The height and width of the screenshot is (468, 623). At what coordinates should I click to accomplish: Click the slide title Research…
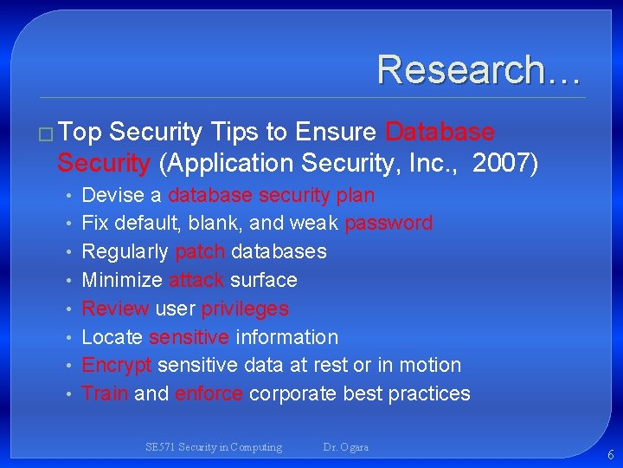coord(478,69)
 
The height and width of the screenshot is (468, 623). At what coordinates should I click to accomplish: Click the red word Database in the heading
coord(440,132)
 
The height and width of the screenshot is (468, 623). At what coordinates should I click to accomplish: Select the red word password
coord(389,223)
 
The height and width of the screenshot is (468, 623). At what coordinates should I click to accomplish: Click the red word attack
coord(196,280)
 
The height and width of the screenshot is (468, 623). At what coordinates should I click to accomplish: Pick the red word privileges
coord(245,309)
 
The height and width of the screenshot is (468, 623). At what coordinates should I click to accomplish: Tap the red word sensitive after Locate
coord(189,337)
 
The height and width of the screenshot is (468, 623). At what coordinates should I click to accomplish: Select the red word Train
coord(104,393)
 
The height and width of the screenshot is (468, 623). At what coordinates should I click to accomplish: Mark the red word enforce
coord(209,393)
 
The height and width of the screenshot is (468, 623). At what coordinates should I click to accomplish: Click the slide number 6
coord(611,455)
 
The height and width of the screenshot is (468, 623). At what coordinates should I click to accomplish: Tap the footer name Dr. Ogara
coord(345,447)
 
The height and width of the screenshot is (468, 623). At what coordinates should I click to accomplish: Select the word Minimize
coord(122,280)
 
